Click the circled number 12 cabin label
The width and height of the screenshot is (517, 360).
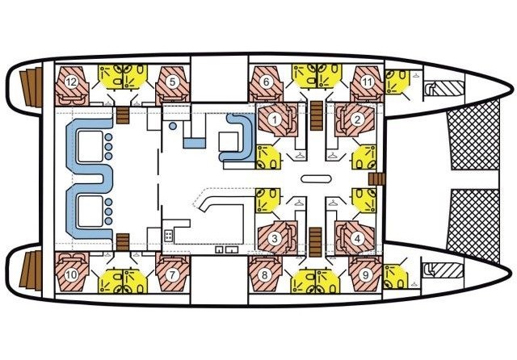coord(71,82)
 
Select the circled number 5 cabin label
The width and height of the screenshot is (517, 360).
coord(172,82)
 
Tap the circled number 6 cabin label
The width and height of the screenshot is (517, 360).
coord(266,82)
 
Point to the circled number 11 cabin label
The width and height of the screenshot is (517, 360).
coord(367,82)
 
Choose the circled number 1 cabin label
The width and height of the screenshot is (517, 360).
coord(274,120)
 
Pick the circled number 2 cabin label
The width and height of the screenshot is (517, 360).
coord(357,120)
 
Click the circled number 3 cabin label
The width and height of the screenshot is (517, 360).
coord(275,238)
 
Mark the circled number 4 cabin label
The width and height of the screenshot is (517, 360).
coord(358,238)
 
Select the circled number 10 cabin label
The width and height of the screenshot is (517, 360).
coord(71,274)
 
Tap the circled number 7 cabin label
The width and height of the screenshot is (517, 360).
coord(172,274)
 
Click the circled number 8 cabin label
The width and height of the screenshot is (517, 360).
coord(264,274)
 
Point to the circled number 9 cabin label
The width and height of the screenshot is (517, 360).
coord(365,274)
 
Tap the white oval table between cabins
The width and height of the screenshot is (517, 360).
coord(316,179)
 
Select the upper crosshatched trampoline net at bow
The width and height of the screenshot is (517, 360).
coord(474,134)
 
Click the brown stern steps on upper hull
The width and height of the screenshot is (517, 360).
coord(31,87)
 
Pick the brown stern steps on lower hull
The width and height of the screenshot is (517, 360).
coord(31,270)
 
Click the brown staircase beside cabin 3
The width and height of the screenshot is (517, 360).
coord(316,242)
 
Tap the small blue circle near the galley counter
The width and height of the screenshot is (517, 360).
coord(172,126)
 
